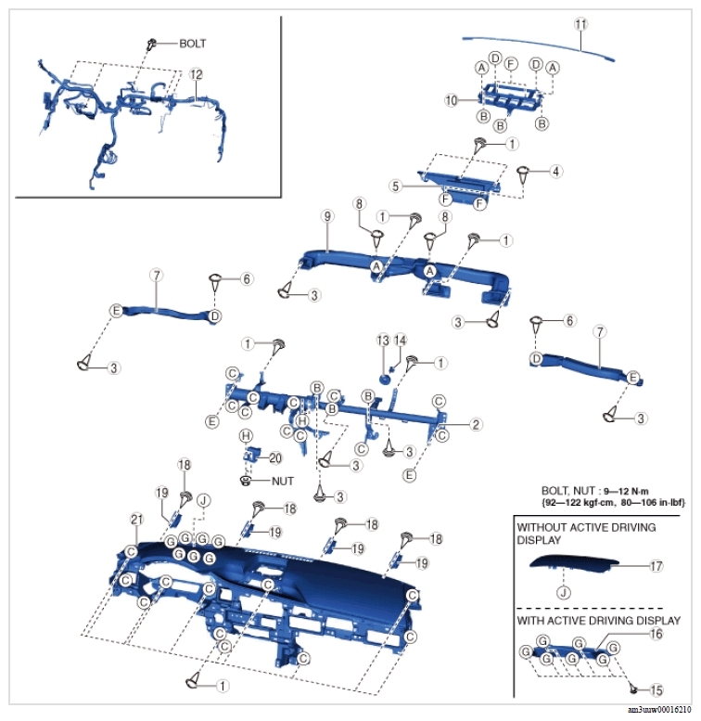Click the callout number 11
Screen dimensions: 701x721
[581, 24]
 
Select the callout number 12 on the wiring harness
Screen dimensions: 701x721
[197, 74]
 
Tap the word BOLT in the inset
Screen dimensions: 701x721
[193, 44]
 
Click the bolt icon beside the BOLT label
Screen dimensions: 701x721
[151, 44]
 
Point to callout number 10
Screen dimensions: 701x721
[451, 100]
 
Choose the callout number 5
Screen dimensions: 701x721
[396, 187]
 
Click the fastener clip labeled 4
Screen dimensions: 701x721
[523, 174]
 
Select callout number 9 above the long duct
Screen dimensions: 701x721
[327, 216]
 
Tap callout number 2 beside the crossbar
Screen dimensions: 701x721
[476, 424]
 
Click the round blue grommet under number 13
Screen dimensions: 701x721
[385, 380]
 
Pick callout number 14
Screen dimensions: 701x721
[401, 341]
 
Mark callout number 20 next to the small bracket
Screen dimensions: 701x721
[275, 458]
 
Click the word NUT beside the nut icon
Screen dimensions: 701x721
[283, 481]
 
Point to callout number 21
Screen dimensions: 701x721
[137, 519]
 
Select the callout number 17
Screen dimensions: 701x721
[656, 566]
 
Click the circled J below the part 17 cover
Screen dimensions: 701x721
[564, 593]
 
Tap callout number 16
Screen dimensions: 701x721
[656, 634]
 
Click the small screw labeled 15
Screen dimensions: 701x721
[633, 689]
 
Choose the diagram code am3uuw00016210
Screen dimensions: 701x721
[658, 710]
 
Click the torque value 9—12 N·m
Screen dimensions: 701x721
[626, 491]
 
